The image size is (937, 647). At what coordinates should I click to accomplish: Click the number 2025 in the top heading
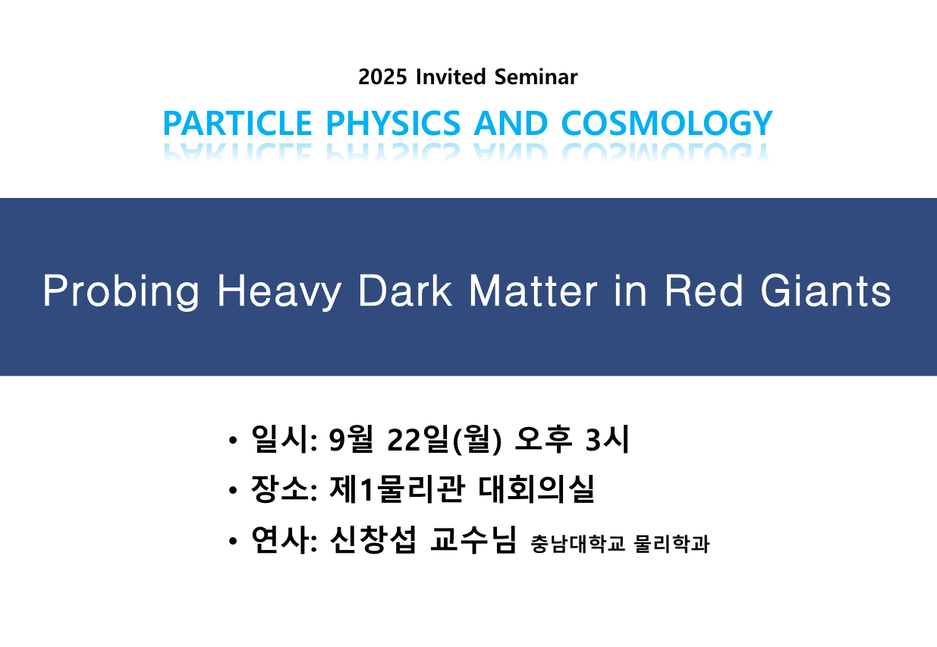(382, 77)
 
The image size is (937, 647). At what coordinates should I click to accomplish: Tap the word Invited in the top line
(451, 77)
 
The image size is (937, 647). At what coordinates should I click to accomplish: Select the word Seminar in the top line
(536, 77)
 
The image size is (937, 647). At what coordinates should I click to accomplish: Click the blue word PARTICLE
(237, 123)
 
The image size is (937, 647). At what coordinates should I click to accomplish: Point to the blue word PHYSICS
(393, 123)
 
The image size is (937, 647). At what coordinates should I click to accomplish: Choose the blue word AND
(511, 123)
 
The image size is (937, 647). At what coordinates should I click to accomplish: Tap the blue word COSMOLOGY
(667, 123)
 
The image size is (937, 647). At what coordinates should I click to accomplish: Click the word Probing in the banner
(121, 292)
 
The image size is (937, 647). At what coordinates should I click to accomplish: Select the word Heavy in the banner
(279, 292)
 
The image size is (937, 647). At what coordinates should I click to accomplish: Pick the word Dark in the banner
(405, 291)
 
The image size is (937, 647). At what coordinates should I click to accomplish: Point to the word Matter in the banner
(533, 291)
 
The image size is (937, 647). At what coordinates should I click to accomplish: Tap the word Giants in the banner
(825, 291)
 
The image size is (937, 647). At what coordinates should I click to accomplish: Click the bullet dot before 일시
(233, 441)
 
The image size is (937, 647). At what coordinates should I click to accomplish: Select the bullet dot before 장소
(233, 490)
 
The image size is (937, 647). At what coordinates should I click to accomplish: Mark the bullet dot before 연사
(233, 541)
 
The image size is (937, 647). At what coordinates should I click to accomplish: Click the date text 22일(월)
(445, 440)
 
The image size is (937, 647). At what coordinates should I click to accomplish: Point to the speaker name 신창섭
(373, 540)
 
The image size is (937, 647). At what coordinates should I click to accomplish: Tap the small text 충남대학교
(577, 544)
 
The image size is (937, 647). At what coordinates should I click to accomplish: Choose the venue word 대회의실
(536, 489)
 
